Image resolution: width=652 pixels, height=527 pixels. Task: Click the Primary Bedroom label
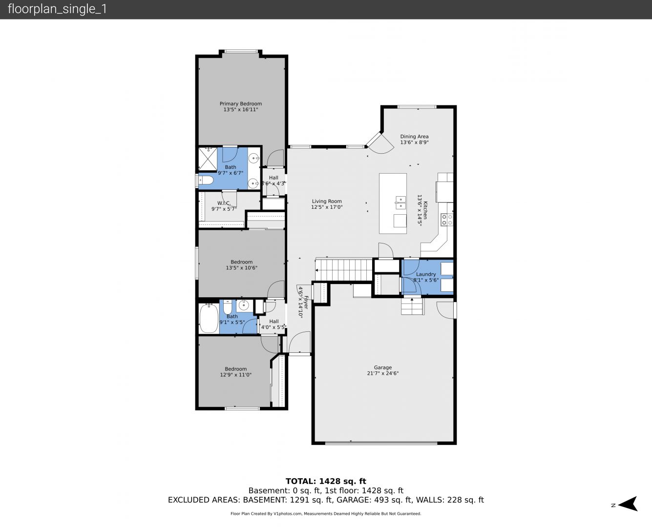[x=241, y=103]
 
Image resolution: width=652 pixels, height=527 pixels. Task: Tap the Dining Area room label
[x=414, y=137]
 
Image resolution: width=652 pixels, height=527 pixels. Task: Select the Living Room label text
[x=327, y=201]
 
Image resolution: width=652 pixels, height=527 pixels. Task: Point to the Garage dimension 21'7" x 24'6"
[x=382, y=373]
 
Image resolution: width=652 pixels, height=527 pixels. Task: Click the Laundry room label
[x=426, y=274]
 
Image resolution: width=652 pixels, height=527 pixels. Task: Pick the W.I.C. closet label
[x=224, y=203]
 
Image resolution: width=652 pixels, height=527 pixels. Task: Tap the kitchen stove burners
[x=446, y=220]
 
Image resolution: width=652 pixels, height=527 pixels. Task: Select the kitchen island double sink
[x=400, y=203]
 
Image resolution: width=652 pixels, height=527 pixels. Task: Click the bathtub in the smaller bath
[x=209, y=319]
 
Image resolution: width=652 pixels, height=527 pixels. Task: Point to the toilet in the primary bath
[x=206, y=180]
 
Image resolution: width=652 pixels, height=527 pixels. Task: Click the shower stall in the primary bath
[x=208, y=159]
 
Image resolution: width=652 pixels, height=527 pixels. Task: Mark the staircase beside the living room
[x=344, y=270]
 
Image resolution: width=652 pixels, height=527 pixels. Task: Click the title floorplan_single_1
[x=57, y=9]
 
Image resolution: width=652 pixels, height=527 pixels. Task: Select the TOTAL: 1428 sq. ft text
[x=326, y=482]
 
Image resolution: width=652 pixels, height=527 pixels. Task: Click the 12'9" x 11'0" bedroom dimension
[x=236, y=375]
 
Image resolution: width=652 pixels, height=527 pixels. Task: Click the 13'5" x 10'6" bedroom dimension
[x=242, y=267]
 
